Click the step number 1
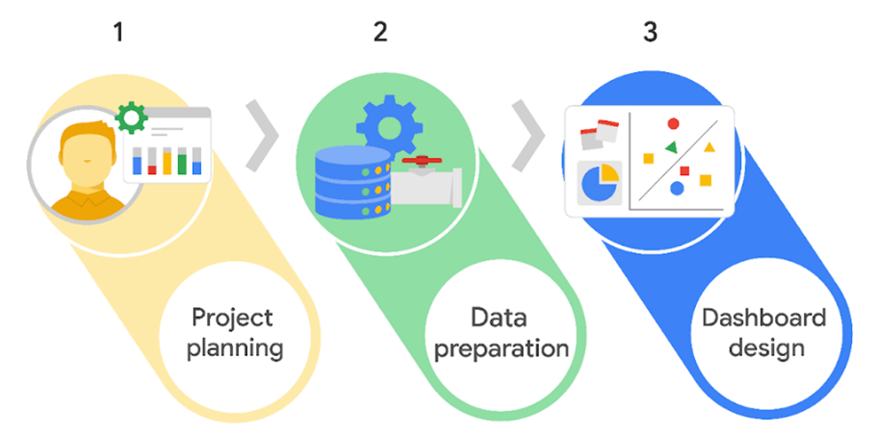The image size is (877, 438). (x=118, y=32)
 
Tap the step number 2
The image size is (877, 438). (x=380, y=32)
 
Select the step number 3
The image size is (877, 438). (x=651, y=32)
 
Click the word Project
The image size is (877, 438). (x=232, y=319)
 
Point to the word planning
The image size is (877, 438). (x=236, y=347)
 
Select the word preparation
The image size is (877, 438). (x=501, y=348)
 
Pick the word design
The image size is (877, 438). (x=766, y=347)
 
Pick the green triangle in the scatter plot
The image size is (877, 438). (x=670, y=146)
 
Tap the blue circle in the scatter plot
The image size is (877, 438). (x=677, y=189)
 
